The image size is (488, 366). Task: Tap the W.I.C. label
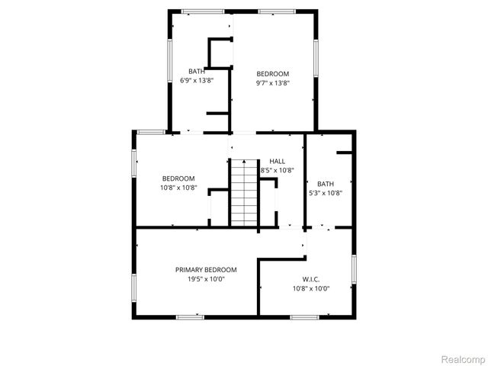[x=310, y=279]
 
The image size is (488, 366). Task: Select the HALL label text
[x=277, y=162]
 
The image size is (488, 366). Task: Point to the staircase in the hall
[x=244, y=192]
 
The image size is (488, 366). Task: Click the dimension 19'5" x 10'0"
[x=206, y=279]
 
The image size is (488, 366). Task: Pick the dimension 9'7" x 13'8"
[x=272, y=83]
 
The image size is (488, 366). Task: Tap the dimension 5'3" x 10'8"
[x=326, y=193]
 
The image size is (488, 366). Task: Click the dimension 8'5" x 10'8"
[x=278, y=171]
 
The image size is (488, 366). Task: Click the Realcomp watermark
[x=464, y=358]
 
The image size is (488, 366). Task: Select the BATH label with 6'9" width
[x=197, y=72]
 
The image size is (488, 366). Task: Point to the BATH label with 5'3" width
[x=326, y=184]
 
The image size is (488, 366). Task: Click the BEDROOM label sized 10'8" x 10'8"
[x=178, y=178]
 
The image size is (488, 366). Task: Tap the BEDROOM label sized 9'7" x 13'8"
[x=272, y=74]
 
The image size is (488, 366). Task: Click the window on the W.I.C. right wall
[x=355, y=274]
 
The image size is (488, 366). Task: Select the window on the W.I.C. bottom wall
[x=304, y=316]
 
